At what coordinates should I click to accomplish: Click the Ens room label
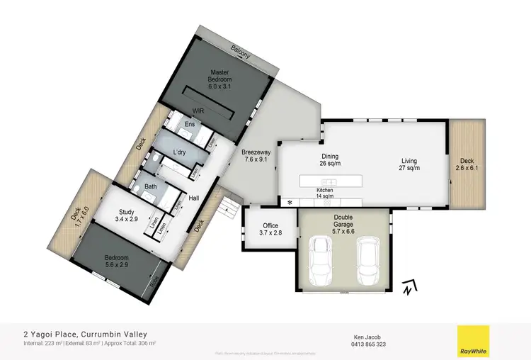190,125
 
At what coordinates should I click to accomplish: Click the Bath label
151,187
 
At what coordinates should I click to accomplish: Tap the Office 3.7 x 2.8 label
270,230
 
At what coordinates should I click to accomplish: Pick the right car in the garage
367,257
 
